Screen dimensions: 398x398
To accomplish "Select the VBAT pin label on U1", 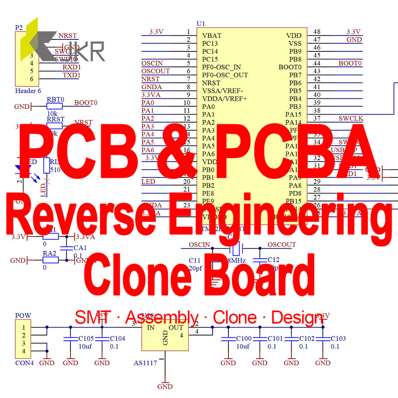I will tap(212, 36).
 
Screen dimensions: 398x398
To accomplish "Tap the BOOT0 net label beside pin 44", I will tap(350, 63).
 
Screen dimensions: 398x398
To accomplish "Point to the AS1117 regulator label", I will tap(145, 363).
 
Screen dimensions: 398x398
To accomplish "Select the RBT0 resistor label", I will tap(56, 99).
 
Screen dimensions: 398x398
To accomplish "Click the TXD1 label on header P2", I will tap(71, 75).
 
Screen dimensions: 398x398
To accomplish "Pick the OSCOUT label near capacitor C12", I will tap(282, 245).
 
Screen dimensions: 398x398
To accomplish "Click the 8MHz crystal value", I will tap(237, 261).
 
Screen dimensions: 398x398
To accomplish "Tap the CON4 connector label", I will tap(24, 363).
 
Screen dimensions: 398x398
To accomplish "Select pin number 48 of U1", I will tap(317, 32).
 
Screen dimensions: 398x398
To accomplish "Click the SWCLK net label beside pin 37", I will tap(351, 119).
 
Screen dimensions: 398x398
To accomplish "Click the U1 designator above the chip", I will tap(201, 24).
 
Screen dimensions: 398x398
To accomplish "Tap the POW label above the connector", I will tap(23, 315).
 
